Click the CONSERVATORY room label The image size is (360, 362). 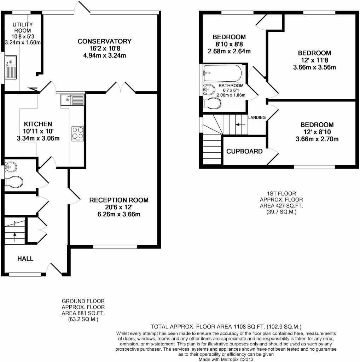[104, 41]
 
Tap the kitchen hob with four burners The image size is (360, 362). [77, 134]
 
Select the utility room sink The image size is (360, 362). [11, 67]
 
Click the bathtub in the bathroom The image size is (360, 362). [222, 73]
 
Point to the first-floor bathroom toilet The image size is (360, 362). [212, 103]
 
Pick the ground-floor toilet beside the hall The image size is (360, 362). [14, 181]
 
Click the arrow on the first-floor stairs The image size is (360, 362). [240, 125]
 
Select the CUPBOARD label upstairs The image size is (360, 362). [244, 151]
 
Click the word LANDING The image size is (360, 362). [257, 117]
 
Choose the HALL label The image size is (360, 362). [25, 258]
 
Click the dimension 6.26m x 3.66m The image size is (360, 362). [119, 214]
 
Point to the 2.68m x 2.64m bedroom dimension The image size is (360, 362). [229, 51]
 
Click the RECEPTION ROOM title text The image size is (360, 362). [119, 200]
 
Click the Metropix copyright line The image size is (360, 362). [226, 360]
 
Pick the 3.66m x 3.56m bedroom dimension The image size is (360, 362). [314, 68]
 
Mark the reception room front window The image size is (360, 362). [115, 247]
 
